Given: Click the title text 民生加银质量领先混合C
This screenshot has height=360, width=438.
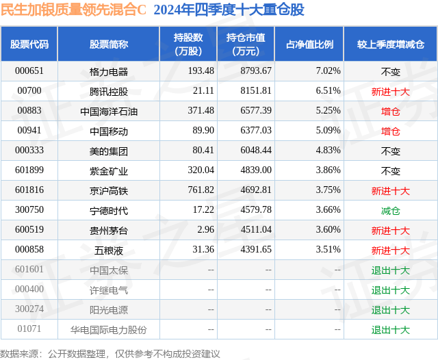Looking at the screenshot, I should [x=73, y=10].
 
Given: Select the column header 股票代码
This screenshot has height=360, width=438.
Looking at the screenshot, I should [x=29, y=44].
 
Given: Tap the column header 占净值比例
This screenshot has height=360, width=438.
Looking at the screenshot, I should [x=309, y=44].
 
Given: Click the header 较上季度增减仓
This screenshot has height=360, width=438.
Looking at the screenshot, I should [x=390, y=44].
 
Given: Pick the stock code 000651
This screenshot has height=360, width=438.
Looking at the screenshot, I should [x=29, y=71].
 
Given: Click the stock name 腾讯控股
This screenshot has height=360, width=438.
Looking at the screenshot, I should [x=109, y=91].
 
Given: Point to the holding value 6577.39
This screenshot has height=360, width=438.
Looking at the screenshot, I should [x=257, y=111].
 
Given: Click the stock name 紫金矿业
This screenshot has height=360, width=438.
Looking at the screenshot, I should [x=109, y=170].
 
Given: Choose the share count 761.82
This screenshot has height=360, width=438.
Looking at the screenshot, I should [x=201, y=191].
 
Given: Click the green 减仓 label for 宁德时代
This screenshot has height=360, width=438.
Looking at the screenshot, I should [x=390, y=211].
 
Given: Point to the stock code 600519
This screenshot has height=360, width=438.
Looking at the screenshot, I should [x=29, y=231].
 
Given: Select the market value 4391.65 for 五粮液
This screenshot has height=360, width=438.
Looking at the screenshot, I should [x=257, y=250].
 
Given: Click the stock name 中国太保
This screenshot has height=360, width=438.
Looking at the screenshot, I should [x=109, y=270].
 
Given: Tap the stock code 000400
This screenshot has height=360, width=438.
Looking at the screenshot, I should [x=29, y=290].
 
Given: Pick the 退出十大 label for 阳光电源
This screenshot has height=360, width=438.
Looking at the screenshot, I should [x=390, y=310].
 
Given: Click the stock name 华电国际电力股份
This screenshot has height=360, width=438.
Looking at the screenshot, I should [x=109, y=330].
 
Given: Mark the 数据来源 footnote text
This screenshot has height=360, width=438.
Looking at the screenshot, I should [x=110, y=353].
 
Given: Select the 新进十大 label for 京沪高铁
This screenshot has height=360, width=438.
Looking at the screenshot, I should [x=390, y=191].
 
